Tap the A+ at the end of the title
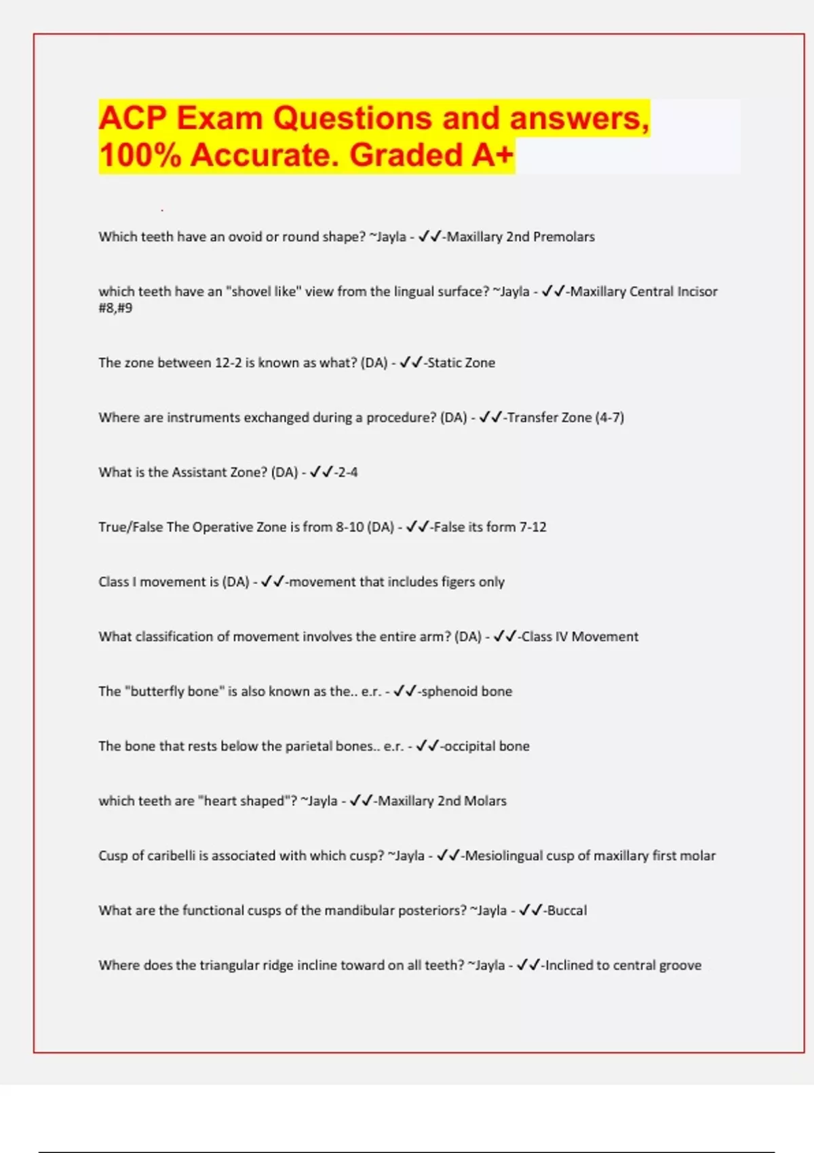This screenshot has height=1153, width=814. coord(492,155)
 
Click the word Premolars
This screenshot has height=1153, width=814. coord(564,237)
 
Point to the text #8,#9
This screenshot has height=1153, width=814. coord(115,308)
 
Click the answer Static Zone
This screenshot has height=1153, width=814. coord(461,363)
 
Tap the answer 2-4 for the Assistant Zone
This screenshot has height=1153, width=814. coord(347,472)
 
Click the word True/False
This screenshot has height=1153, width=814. coord(130,527)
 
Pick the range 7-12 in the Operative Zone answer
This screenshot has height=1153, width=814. coord(532,527)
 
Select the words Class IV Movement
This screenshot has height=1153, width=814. coord(580,637)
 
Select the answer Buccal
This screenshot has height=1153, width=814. coord(567,911)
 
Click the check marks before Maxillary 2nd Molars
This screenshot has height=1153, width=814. coord(361,801)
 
